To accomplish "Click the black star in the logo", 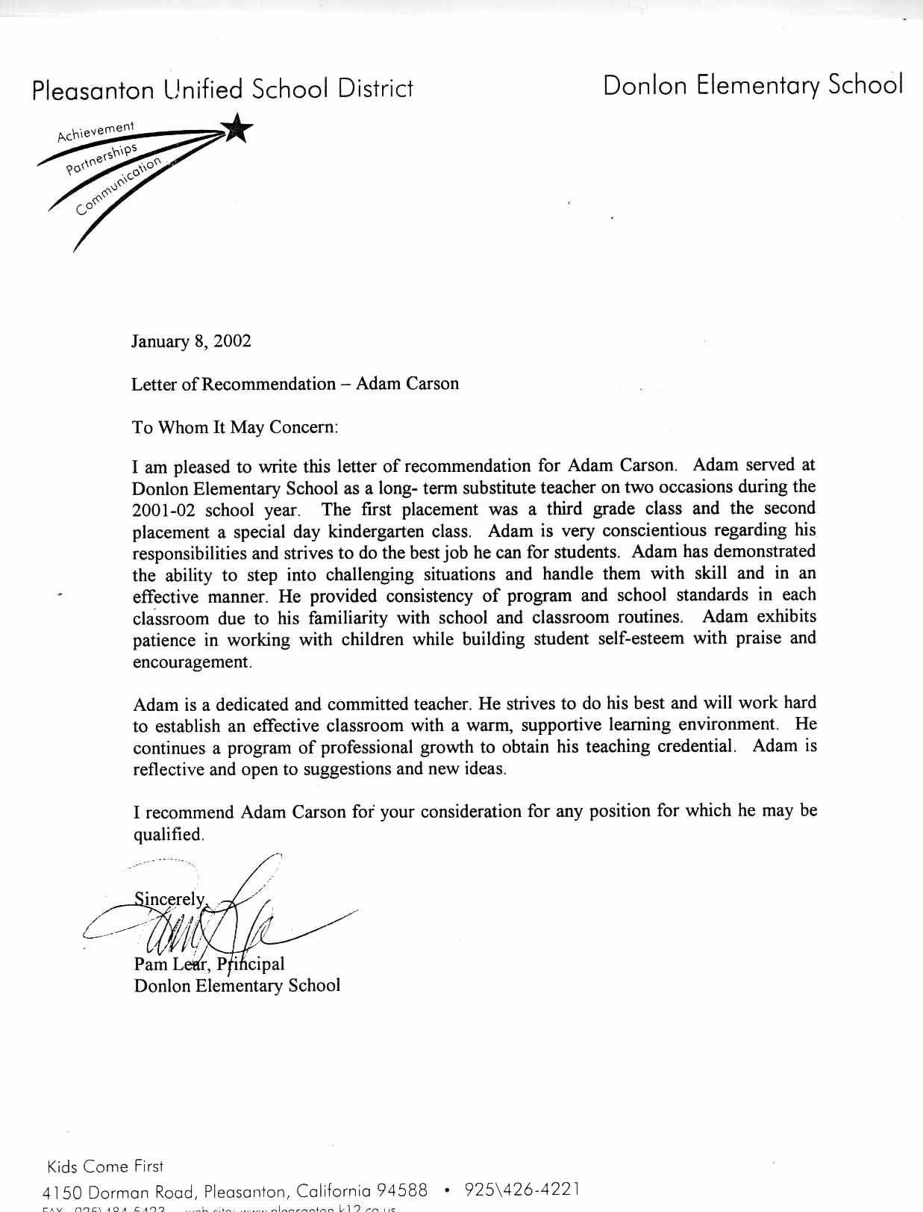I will pyautogui.click(x=237, y=128).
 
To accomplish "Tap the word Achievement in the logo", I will pyautogui.click(x=96, y=131).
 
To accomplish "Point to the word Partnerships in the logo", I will pyautogui.click(x=102, y=158).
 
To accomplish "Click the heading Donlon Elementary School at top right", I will pyautogui.click(x=753, y=85).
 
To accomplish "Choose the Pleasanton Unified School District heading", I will pyautogui.click(x=222, y=90).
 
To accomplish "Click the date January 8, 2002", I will pyautogui.click(x=191, y=341).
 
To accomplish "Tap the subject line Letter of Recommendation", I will pyautogui.click(x=234, y=384).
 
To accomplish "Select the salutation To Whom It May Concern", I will pyautogui.click(x=235, y=427).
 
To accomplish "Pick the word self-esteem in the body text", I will pyautogui.click(x=641, y=639).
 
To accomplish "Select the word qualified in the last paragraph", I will pyautogui.click(x=168, y=834).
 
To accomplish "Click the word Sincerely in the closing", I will pyautogui.click(x=169, y=898).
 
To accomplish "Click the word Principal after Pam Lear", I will pyautogui.click(x=251, y=964).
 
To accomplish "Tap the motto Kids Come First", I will pyautogui.click(x=104, y=1166).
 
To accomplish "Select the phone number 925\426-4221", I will pyautogui.click(x=522, y=1189).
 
